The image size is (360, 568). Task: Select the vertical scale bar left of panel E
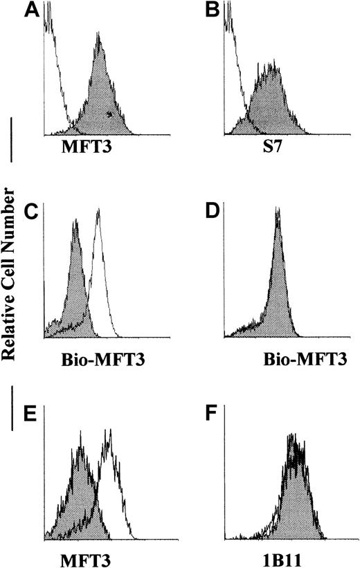[12, 413]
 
